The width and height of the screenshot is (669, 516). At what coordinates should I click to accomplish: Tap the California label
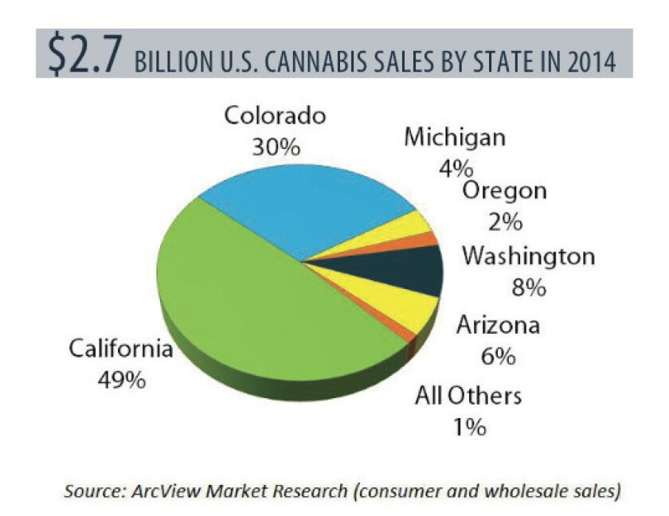pyautogui.click(x=120, y=350)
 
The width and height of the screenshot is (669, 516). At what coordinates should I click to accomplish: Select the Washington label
pyautogui.click(x=528, y=258)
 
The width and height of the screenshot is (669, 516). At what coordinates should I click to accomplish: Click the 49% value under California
pyautogui.click(x=120, y=380)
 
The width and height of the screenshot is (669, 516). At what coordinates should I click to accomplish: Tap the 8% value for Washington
pyautogui.click(x=528, y=288)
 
